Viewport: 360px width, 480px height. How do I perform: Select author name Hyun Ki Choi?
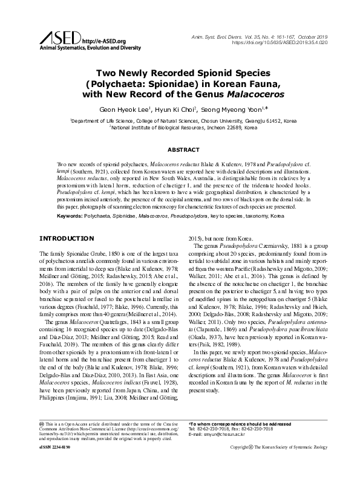coord(172,109)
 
